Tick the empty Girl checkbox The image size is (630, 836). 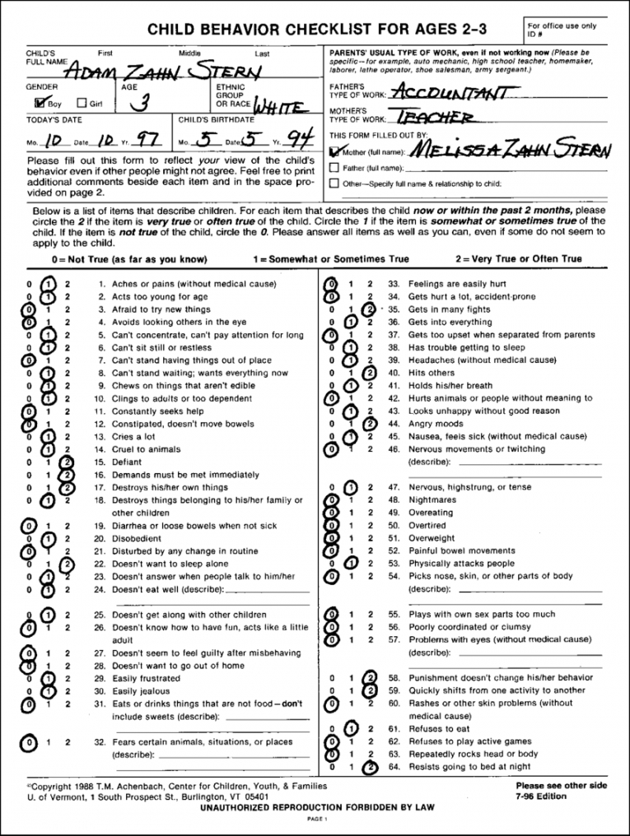pos(81,104)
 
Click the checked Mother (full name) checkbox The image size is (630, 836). pos(334,151)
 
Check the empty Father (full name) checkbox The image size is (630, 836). pos(334,168)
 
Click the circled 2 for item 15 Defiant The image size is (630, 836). pos(67,462)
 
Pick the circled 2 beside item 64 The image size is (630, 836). pos(371,767)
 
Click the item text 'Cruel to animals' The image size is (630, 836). pos(147,449)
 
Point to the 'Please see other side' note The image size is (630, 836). pos(562,786)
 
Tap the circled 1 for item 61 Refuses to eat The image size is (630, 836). pos(350,728)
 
